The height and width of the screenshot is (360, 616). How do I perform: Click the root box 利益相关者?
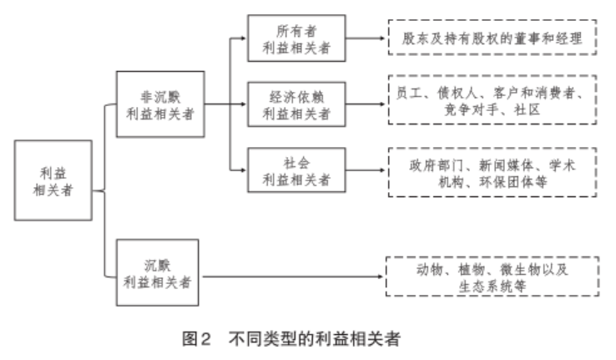click(x=55, y=180)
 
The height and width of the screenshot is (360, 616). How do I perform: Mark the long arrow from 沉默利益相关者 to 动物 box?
click(x=292, y=276)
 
